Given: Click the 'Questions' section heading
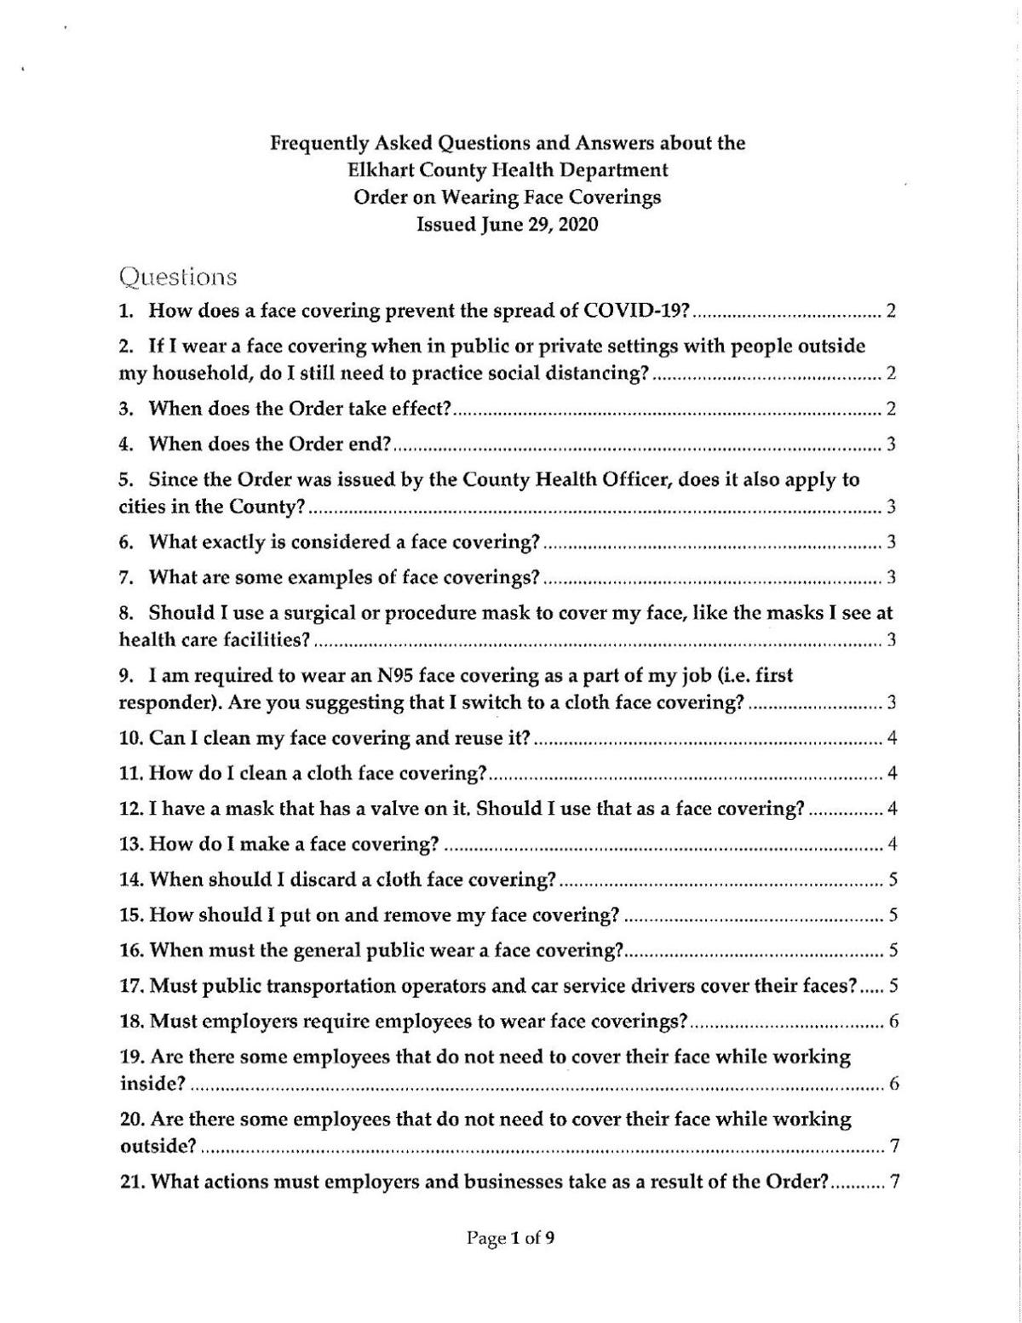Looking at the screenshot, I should click(178, 278).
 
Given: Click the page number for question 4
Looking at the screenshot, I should click(891, 444).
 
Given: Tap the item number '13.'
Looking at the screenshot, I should click(132, 845).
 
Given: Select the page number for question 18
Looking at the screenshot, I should click(893, 1022).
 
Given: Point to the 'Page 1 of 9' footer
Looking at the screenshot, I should click(511, 1239).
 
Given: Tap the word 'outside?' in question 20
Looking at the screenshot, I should click(157, 1146).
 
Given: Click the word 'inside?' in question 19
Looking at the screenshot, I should click(152, 1084).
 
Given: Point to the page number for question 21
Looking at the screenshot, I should click(894, 1183).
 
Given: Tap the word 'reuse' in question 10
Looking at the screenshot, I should click(479, 738).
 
